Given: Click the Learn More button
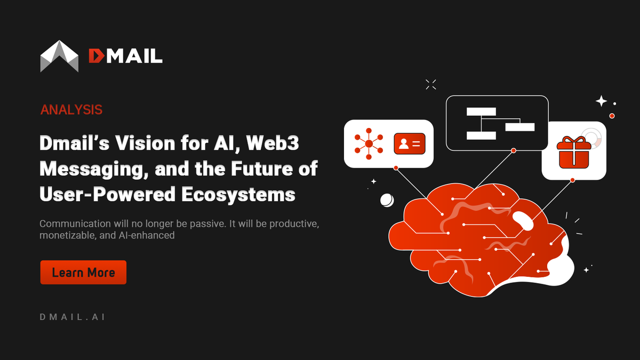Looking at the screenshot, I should click(83, 273).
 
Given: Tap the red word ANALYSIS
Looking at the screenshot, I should click(71, 110).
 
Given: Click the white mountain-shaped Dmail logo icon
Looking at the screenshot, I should click(59, 56).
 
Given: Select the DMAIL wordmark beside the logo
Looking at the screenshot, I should click(125, 56).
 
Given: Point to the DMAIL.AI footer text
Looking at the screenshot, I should click(73, 317).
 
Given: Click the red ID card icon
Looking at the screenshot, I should click(410, 143).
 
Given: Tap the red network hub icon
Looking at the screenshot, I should click(369, 143).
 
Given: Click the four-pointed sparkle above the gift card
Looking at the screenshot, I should click(601, 101).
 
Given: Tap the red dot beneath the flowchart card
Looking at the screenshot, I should click(513, 151).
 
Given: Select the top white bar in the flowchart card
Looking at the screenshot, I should click(481, 111).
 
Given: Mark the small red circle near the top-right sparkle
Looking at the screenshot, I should click(612, 116).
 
